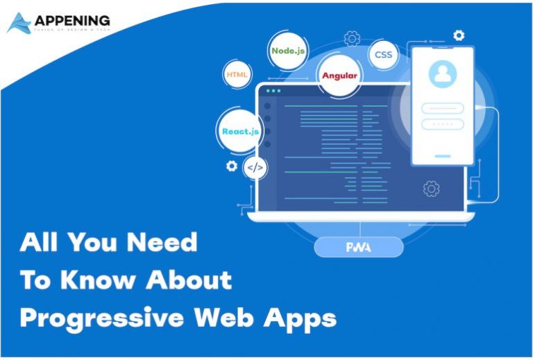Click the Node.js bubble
(x=288, y=51)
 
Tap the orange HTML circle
(x=237, y=74)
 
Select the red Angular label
(x=339, y=76)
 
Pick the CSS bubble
(x=383, y=54)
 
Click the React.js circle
(x=240, y=131)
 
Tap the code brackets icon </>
(x=255, y=167)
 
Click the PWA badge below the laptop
(x=358, y=247)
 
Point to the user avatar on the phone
(x=442, y=74)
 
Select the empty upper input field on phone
(x=442, y=108)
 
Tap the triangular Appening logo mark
(x=19, y=24)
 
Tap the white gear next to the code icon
(x=232, y=166)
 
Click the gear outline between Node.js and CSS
(x=352, y=37)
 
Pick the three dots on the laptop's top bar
(x=275, y=91)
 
